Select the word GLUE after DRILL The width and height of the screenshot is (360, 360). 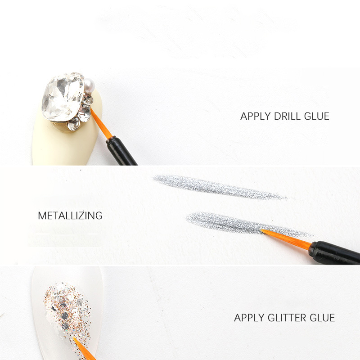click(x=317, y=116)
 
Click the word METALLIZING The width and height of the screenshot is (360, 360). click(x=70, y=216)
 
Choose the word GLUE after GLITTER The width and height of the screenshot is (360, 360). click(x=322, y=318)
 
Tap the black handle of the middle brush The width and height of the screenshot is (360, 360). click(x=334, y=252)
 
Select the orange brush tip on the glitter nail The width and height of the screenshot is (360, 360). click(x=84, y=349)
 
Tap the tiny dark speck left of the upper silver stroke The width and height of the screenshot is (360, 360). click(x=81, y=170)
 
